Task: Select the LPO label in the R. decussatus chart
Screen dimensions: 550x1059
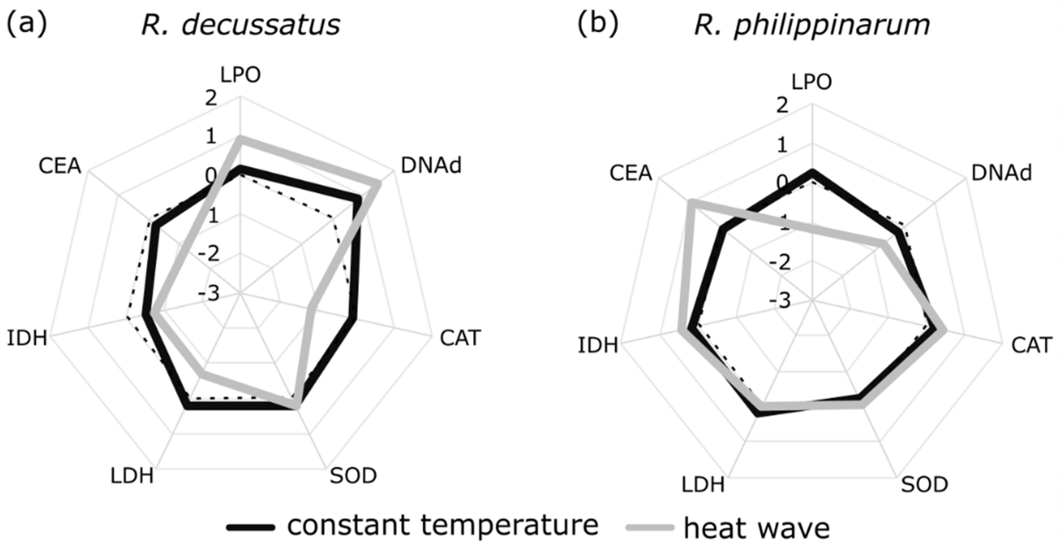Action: [240, 75]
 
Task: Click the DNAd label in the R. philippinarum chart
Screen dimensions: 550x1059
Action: [1001, 173]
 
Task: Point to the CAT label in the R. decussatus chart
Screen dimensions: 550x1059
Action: [460, 338]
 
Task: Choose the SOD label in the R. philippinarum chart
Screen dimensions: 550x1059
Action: [925, 485]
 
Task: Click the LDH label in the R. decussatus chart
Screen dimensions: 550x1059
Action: [132, 476]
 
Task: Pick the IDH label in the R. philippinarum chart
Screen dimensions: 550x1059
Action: [598, 345]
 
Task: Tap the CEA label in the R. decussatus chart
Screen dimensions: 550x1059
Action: [60, 166]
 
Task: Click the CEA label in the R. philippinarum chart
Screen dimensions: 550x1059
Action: [631, 173]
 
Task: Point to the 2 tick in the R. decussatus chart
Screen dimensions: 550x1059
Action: [211, 98]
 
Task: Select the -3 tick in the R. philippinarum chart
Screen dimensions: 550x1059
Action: [780, 301]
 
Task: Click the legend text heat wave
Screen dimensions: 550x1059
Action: [757, 528]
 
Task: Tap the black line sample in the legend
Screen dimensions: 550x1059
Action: [251, 527]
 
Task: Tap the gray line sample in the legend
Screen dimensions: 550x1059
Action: [650, 527]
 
